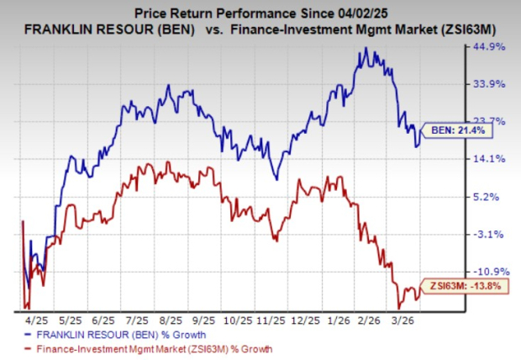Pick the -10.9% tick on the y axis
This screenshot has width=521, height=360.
coord(488,271)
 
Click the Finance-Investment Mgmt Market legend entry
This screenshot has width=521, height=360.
coord(146,348)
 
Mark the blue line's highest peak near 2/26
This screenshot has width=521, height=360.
coord(365,48)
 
